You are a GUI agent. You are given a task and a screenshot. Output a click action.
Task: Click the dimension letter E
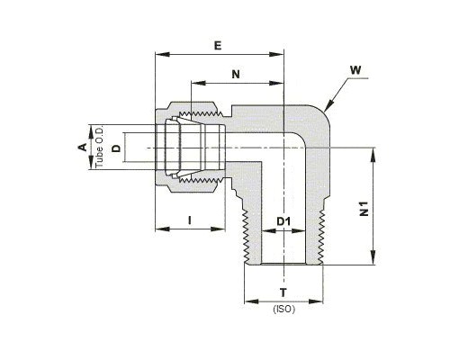click(218, 46)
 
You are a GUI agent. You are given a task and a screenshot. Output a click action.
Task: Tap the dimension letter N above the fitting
click(236, 74)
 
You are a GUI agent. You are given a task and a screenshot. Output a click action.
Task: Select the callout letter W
click(355, 70)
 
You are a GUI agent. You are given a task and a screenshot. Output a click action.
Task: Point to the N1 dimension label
click(364, 209)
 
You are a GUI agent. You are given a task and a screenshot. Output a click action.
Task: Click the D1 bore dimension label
click(283, 221)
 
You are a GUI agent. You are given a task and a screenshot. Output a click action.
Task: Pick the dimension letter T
click(283, 292)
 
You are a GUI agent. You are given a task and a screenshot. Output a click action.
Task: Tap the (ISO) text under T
click(283, 309)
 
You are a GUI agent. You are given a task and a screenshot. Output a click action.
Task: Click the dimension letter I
click(189, 220)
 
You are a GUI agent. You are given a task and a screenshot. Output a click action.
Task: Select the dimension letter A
click(82, 147)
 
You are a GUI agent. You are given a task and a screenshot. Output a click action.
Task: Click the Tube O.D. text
click(99, 147)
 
